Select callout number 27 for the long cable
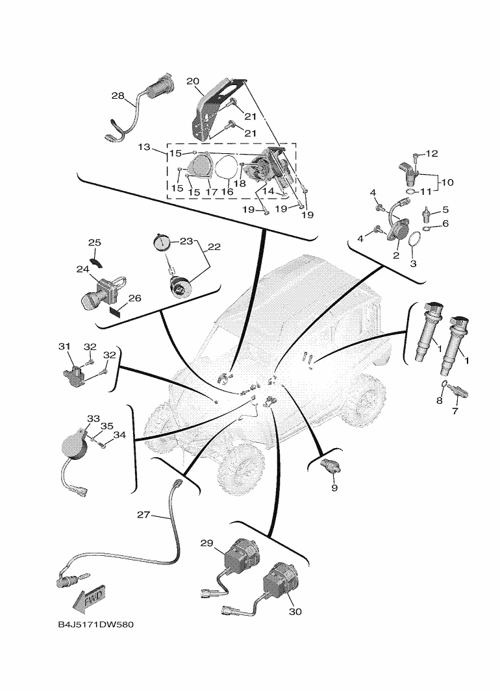144,515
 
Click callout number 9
334,488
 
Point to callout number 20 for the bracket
193,81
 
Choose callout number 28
118,96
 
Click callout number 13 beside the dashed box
144,147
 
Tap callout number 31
64,347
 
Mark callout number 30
295,612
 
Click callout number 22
214,247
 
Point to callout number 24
83,269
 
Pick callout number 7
455,412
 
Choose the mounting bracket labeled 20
208,110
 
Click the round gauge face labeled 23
162,243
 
